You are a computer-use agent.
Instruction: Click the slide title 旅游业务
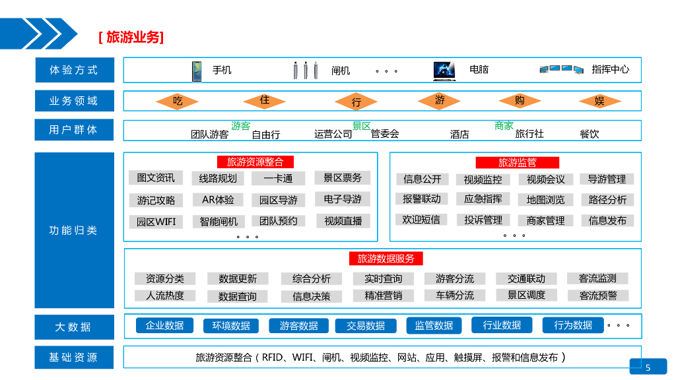(x=131, y=37)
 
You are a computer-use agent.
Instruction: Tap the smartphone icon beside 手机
(x=197, y=71)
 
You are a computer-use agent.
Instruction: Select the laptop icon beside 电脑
(x=444, y=70)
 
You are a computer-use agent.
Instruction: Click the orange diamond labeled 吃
(x=178, y=101)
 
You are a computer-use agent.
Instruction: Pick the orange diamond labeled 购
(x=520, y=100)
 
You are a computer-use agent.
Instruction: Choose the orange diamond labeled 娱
(x=599, y=101)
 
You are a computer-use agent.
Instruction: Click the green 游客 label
(x=241, y=125)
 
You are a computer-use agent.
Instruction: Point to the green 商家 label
(x=504, y=125)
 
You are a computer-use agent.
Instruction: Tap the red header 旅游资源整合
(x=255, y=162)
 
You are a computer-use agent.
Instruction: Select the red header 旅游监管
(x=518, y=162)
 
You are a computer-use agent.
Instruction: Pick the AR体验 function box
(x=218, y=199)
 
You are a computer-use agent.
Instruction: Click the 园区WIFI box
(x=156, y=222)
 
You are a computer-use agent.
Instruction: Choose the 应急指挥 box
(x=483, y=199)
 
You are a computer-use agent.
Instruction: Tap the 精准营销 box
(x=384, y=296)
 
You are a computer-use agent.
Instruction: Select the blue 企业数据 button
(x=164, y=325)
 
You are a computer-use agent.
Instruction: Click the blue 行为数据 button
(x=573, y=325)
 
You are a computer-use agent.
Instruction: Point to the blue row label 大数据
(x=73, y=327)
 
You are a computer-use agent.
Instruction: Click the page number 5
(x=648, y=367)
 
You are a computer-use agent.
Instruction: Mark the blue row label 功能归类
(x=73, y=230)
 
